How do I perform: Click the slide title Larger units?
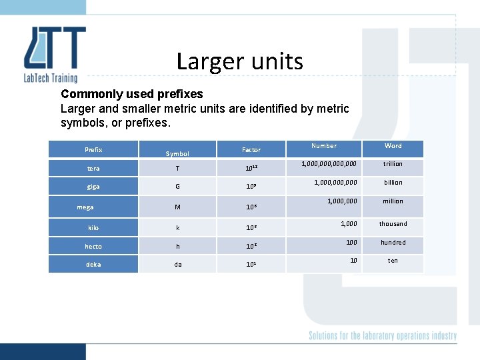239,61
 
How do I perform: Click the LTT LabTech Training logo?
55,54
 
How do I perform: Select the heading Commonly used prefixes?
131,94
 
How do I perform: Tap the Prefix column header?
93,150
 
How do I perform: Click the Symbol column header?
177,154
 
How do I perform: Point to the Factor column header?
251,150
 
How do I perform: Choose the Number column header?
324,146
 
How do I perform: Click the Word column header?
393,146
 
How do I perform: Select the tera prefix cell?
93,169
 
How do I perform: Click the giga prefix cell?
93,187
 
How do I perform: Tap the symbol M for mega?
177,207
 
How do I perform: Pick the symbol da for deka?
177,265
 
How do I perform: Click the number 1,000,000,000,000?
329,164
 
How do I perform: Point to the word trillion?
393,164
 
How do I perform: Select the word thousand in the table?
393,224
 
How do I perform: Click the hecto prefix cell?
93,247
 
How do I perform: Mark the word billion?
393,183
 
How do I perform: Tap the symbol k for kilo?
177,228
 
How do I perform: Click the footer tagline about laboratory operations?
383,336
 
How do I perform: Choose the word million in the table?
393,201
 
